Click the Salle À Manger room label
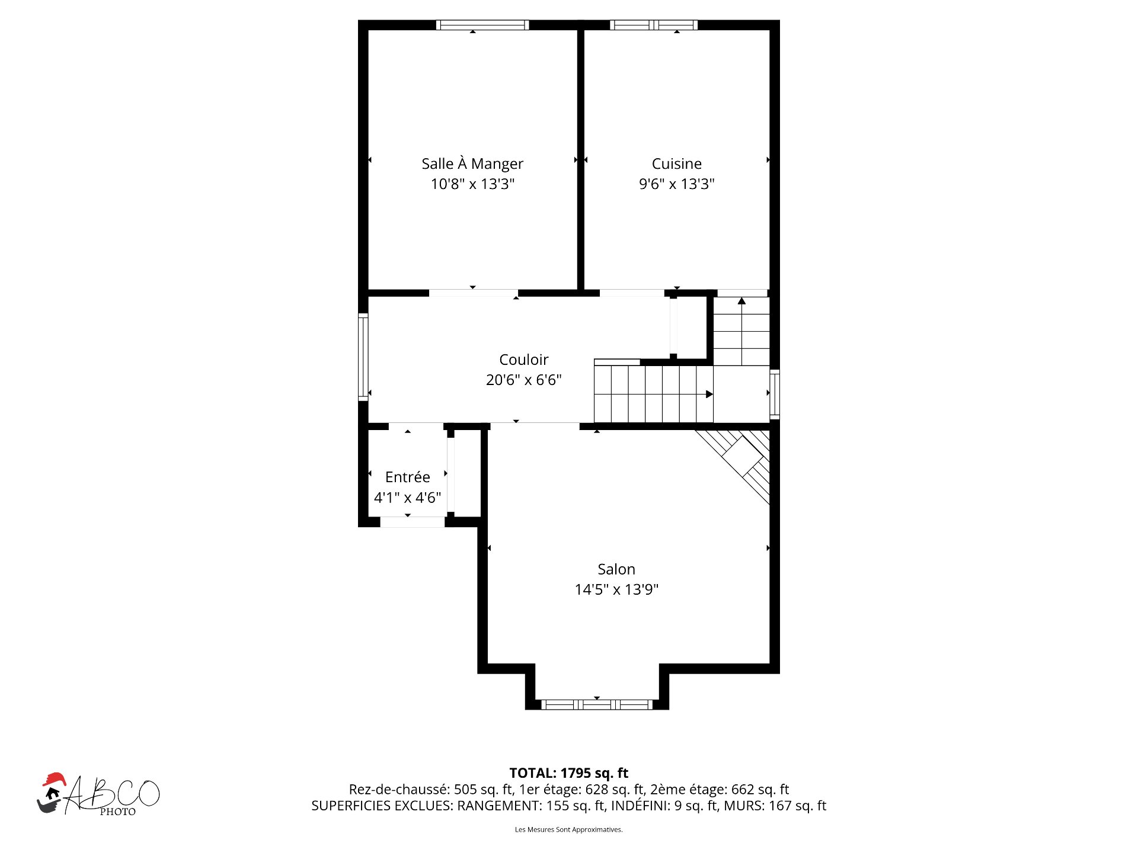472,163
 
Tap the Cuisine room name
676,163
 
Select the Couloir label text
524,360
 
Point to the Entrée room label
407,477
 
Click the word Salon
616,569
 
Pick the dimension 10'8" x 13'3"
472,184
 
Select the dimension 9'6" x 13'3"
676,184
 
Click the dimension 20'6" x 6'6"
524,380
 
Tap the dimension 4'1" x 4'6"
407,498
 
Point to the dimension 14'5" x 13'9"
616,589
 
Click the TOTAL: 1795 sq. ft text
569,773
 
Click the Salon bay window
597,704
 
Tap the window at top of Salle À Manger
482,25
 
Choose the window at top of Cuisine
654,25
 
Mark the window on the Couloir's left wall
363,357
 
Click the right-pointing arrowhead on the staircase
709,395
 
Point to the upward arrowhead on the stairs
741,301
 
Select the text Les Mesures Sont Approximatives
569,829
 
